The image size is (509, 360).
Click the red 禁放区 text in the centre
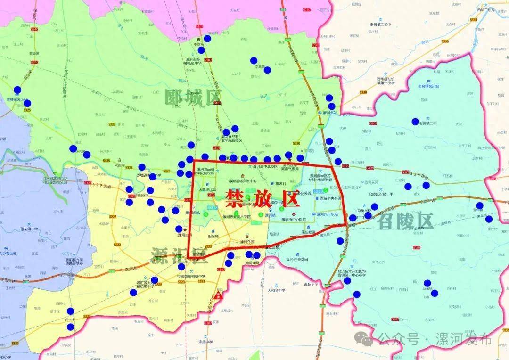coord(263,198)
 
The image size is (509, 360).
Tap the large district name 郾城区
coord(193,98)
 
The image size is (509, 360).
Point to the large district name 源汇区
coord(179,254)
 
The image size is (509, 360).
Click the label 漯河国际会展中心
coord(242,181)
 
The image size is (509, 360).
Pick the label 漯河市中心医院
coord(293,220)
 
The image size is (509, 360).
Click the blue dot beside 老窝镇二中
coord(415,122)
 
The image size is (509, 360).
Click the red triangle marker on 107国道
coord(218,296)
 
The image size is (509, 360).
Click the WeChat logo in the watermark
coord(364,338)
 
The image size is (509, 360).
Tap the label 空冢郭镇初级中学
coord(189,276)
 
